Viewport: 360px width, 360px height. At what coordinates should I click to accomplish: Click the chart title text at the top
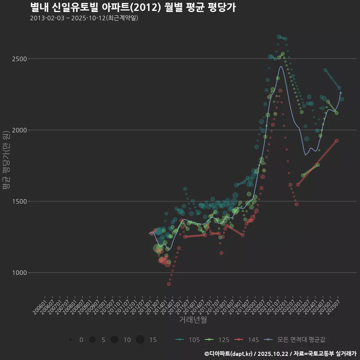click(x=133, y=7)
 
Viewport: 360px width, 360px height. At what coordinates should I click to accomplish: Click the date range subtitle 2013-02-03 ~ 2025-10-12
click(x=84, y=18)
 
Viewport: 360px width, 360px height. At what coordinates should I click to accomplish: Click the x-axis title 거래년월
click(x=193, y=319)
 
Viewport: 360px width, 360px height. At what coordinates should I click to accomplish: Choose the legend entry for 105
click(x=187, y=340)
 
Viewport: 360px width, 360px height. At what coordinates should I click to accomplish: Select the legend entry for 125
click(x=217, y=340)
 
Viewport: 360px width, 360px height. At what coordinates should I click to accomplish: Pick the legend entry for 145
click(x=247, y=340)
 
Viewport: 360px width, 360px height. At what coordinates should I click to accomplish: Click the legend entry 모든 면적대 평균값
click(x=294, y=340)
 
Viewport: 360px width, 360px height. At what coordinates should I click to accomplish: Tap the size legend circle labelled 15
click(x=140, y=340)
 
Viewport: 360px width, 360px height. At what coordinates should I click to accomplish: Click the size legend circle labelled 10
click(x=114, y=340)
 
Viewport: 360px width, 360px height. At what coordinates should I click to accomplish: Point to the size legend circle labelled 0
click(x=70, y=340)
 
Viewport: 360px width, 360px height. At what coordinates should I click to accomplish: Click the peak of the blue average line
click(x=281, y=67)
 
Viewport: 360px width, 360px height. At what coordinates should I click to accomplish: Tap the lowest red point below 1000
click(x=169, y=284)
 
